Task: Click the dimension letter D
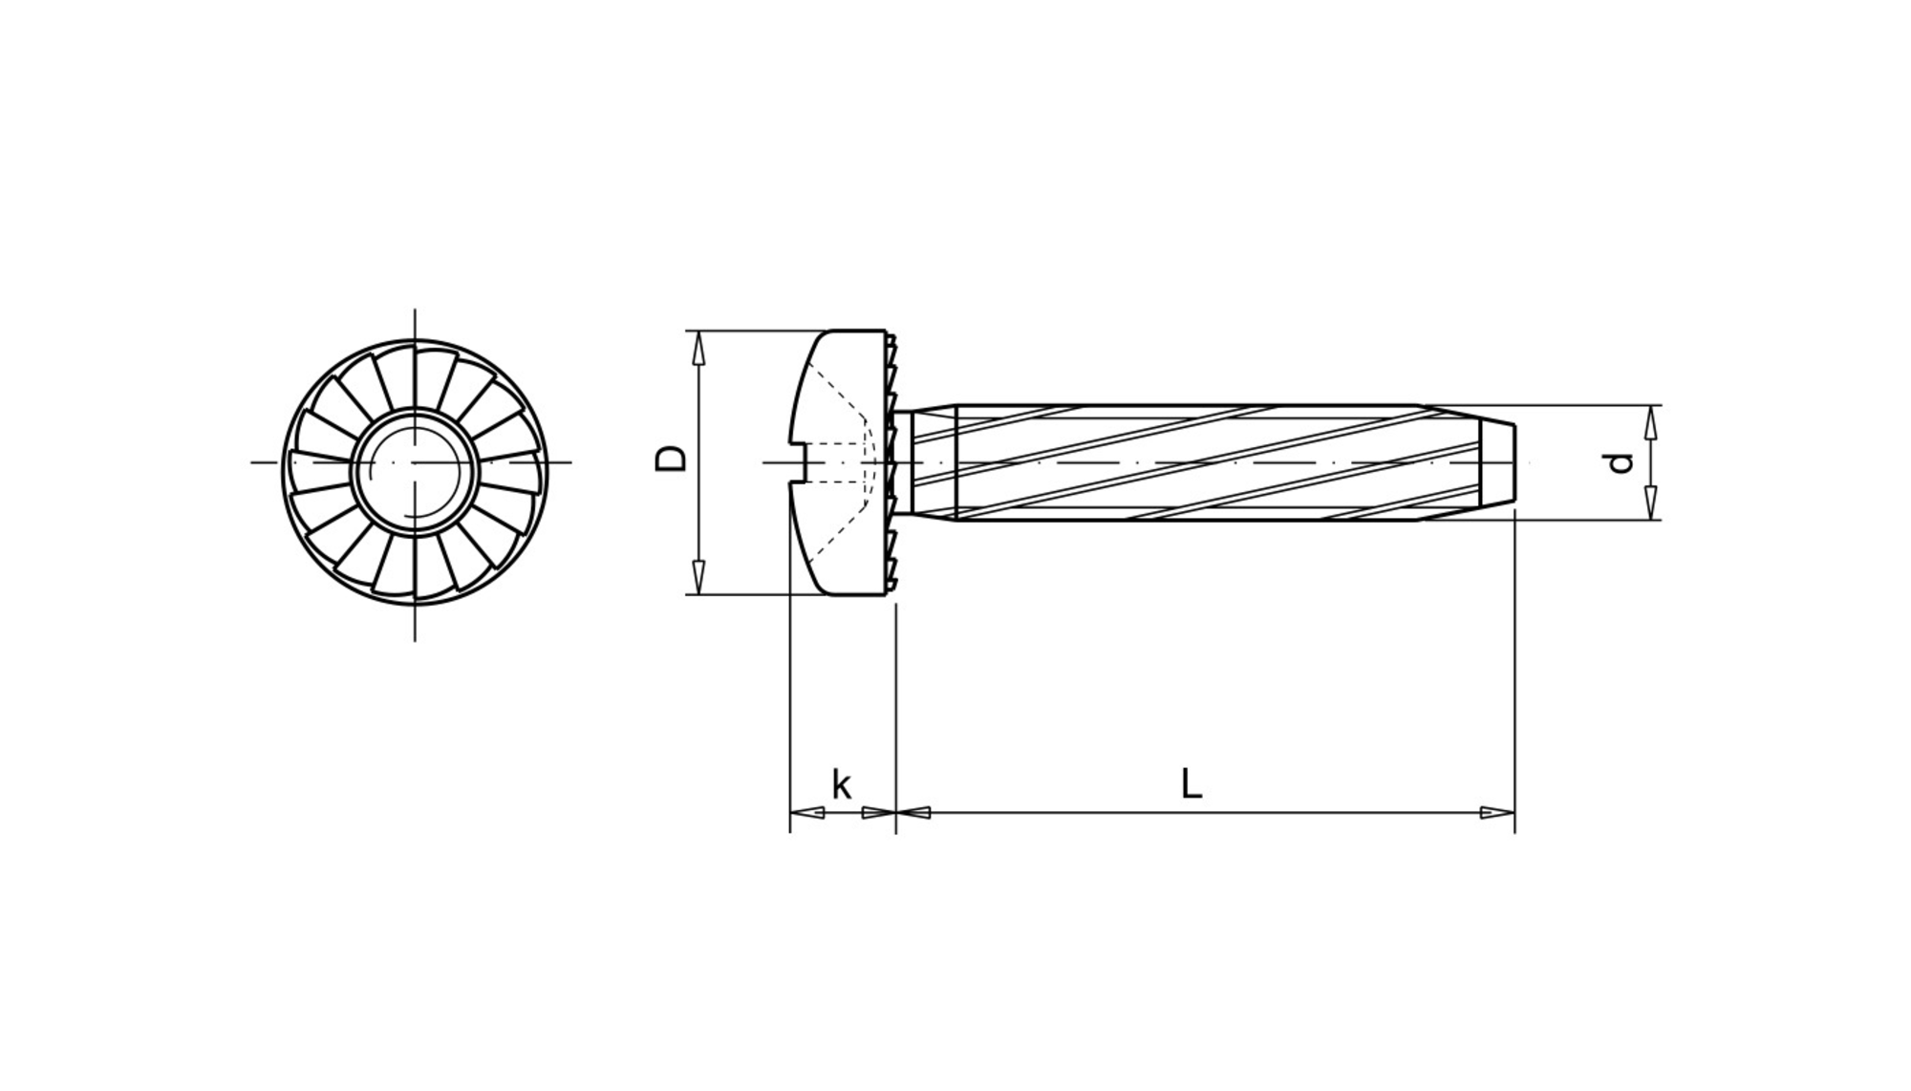pos(671,458)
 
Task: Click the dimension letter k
pos(841,784)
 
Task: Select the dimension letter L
pos(1191,783)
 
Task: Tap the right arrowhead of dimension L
pos(1497,813)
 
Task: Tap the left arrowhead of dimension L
pos(913,813)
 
